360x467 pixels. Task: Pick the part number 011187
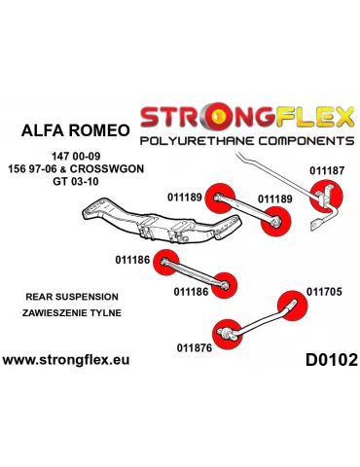(x=326, y=168)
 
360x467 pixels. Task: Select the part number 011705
(x=324, y=290)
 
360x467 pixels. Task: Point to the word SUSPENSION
(x=89, y=296)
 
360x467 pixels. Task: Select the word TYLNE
(x=104, y=314)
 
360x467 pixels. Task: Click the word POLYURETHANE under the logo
(x=186, y=142)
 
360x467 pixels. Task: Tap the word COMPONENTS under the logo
(x=289, y=142)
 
